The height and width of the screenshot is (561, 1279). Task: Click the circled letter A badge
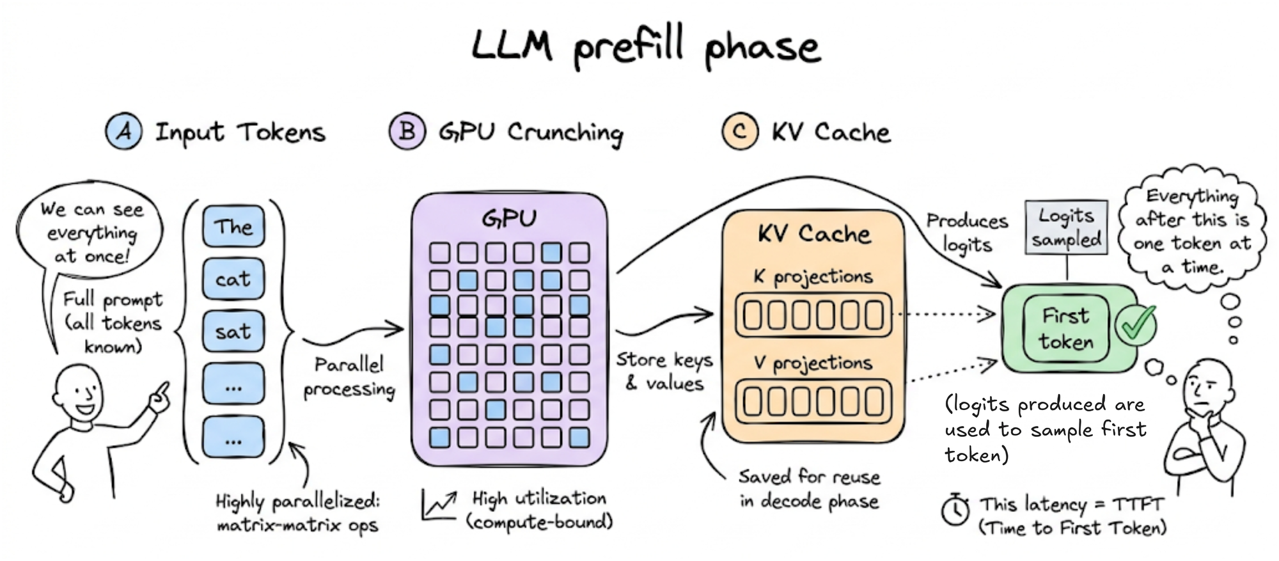124,131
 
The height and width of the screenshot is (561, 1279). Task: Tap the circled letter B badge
407,131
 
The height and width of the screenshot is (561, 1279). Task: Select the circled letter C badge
740,131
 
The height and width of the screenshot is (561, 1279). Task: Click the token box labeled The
233,226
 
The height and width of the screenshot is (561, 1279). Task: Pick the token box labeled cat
233,280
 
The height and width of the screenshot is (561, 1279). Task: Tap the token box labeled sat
233,331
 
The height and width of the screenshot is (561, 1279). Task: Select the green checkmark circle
1136,325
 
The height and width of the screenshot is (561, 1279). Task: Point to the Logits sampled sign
1066,228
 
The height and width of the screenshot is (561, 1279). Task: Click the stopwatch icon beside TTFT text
955,510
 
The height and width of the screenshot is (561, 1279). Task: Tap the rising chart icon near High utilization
439,505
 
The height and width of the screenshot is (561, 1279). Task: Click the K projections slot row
813,315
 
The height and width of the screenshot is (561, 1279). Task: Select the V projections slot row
813,401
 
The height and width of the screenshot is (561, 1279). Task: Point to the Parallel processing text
349,377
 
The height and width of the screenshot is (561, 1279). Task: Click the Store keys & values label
664,371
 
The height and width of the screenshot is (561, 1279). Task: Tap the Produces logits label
967,233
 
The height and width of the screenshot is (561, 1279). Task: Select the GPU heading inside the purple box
510,219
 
